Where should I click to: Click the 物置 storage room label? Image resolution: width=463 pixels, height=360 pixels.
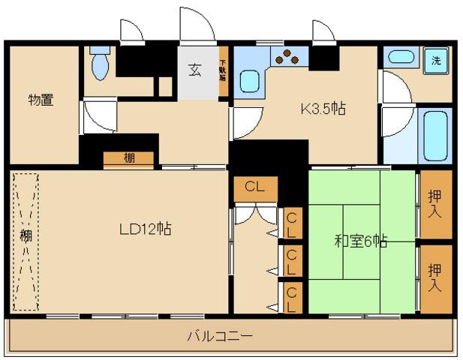click(41, 100)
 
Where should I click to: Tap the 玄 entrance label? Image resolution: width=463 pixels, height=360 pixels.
click(194, 71)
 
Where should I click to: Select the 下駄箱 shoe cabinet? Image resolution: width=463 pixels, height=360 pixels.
click(223, 71)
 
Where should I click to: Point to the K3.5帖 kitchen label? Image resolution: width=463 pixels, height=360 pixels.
click(323, 109)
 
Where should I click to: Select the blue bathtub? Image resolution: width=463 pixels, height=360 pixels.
click(434, 135)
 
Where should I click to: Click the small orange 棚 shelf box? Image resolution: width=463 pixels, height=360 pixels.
click(129, 158)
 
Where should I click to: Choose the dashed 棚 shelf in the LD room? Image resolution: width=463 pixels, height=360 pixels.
click(26, 241)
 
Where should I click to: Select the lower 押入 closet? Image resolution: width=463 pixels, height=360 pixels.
click(435, 278)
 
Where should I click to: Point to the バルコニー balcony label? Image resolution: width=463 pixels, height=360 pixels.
click(219, 335)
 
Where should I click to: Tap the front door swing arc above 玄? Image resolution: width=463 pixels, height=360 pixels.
click(197, 26)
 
